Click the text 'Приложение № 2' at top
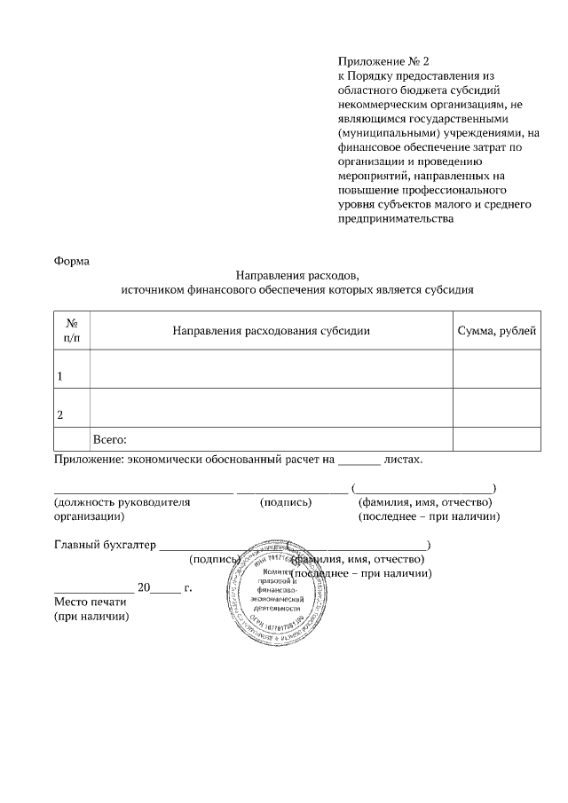(x=383, y=61)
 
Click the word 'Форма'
(x=72, y=261)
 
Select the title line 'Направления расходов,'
(x=297, y=275)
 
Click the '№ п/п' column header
(x=72, y=331)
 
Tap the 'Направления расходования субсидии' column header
(x=271, y=331)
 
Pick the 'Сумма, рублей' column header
(x=496, y=331)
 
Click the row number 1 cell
(x=72, y=369)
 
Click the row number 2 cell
(x=72, y=408)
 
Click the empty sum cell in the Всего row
(x=496, y=439)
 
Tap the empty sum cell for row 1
(x=496, y=369)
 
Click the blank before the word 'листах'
(x=360, y=461)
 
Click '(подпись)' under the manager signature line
(x=286, y=502)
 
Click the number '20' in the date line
(x=146, y=587)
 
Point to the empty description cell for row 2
(x=271, y=408)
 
